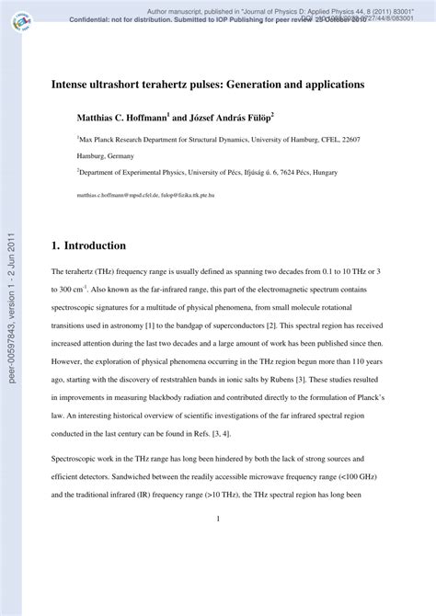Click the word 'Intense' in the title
click(73, 84)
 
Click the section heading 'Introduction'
click(89, 246)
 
